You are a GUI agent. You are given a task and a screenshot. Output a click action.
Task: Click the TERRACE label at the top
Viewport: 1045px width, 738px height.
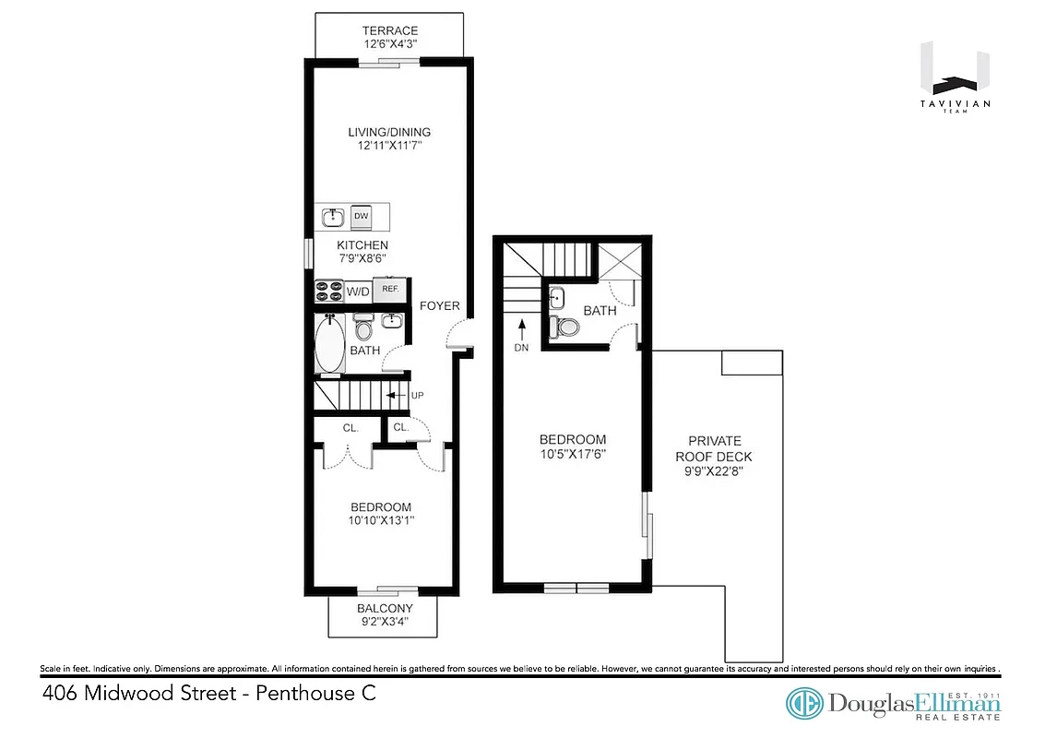[388, 31]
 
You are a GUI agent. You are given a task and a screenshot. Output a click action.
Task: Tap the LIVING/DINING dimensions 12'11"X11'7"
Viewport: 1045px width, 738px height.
[388, 146]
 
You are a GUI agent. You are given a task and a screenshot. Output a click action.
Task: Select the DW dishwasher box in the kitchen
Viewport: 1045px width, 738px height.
[362, 217]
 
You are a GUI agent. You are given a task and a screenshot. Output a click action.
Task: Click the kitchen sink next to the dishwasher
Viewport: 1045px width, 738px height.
[333, 218]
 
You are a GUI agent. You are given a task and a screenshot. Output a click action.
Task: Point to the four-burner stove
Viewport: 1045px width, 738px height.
[328, 291]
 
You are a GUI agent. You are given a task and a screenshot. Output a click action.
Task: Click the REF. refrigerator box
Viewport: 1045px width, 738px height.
[390, 290]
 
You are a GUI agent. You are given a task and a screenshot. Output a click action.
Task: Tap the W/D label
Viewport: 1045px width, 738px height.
[357, 292]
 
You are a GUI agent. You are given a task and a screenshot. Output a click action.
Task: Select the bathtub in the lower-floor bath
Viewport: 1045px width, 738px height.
[328, 343]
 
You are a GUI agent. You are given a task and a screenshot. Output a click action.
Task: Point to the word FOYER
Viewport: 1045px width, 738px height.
[437, 306]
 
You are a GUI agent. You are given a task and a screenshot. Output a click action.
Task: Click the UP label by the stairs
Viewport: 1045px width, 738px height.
[417, 395]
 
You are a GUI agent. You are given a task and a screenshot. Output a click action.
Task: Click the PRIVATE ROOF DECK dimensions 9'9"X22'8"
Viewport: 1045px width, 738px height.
[714, 471]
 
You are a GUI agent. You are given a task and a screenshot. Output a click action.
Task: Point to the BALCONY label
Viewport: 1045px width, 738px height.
[385, 609]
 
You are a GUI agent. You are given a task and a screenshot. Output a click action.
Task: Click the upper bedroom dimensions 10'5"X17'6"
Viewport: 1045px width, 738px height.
[573, 454]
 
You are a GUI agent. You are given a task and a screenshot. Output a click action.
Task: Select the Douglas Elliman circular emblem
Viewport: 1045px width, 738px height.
[804, 704]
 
